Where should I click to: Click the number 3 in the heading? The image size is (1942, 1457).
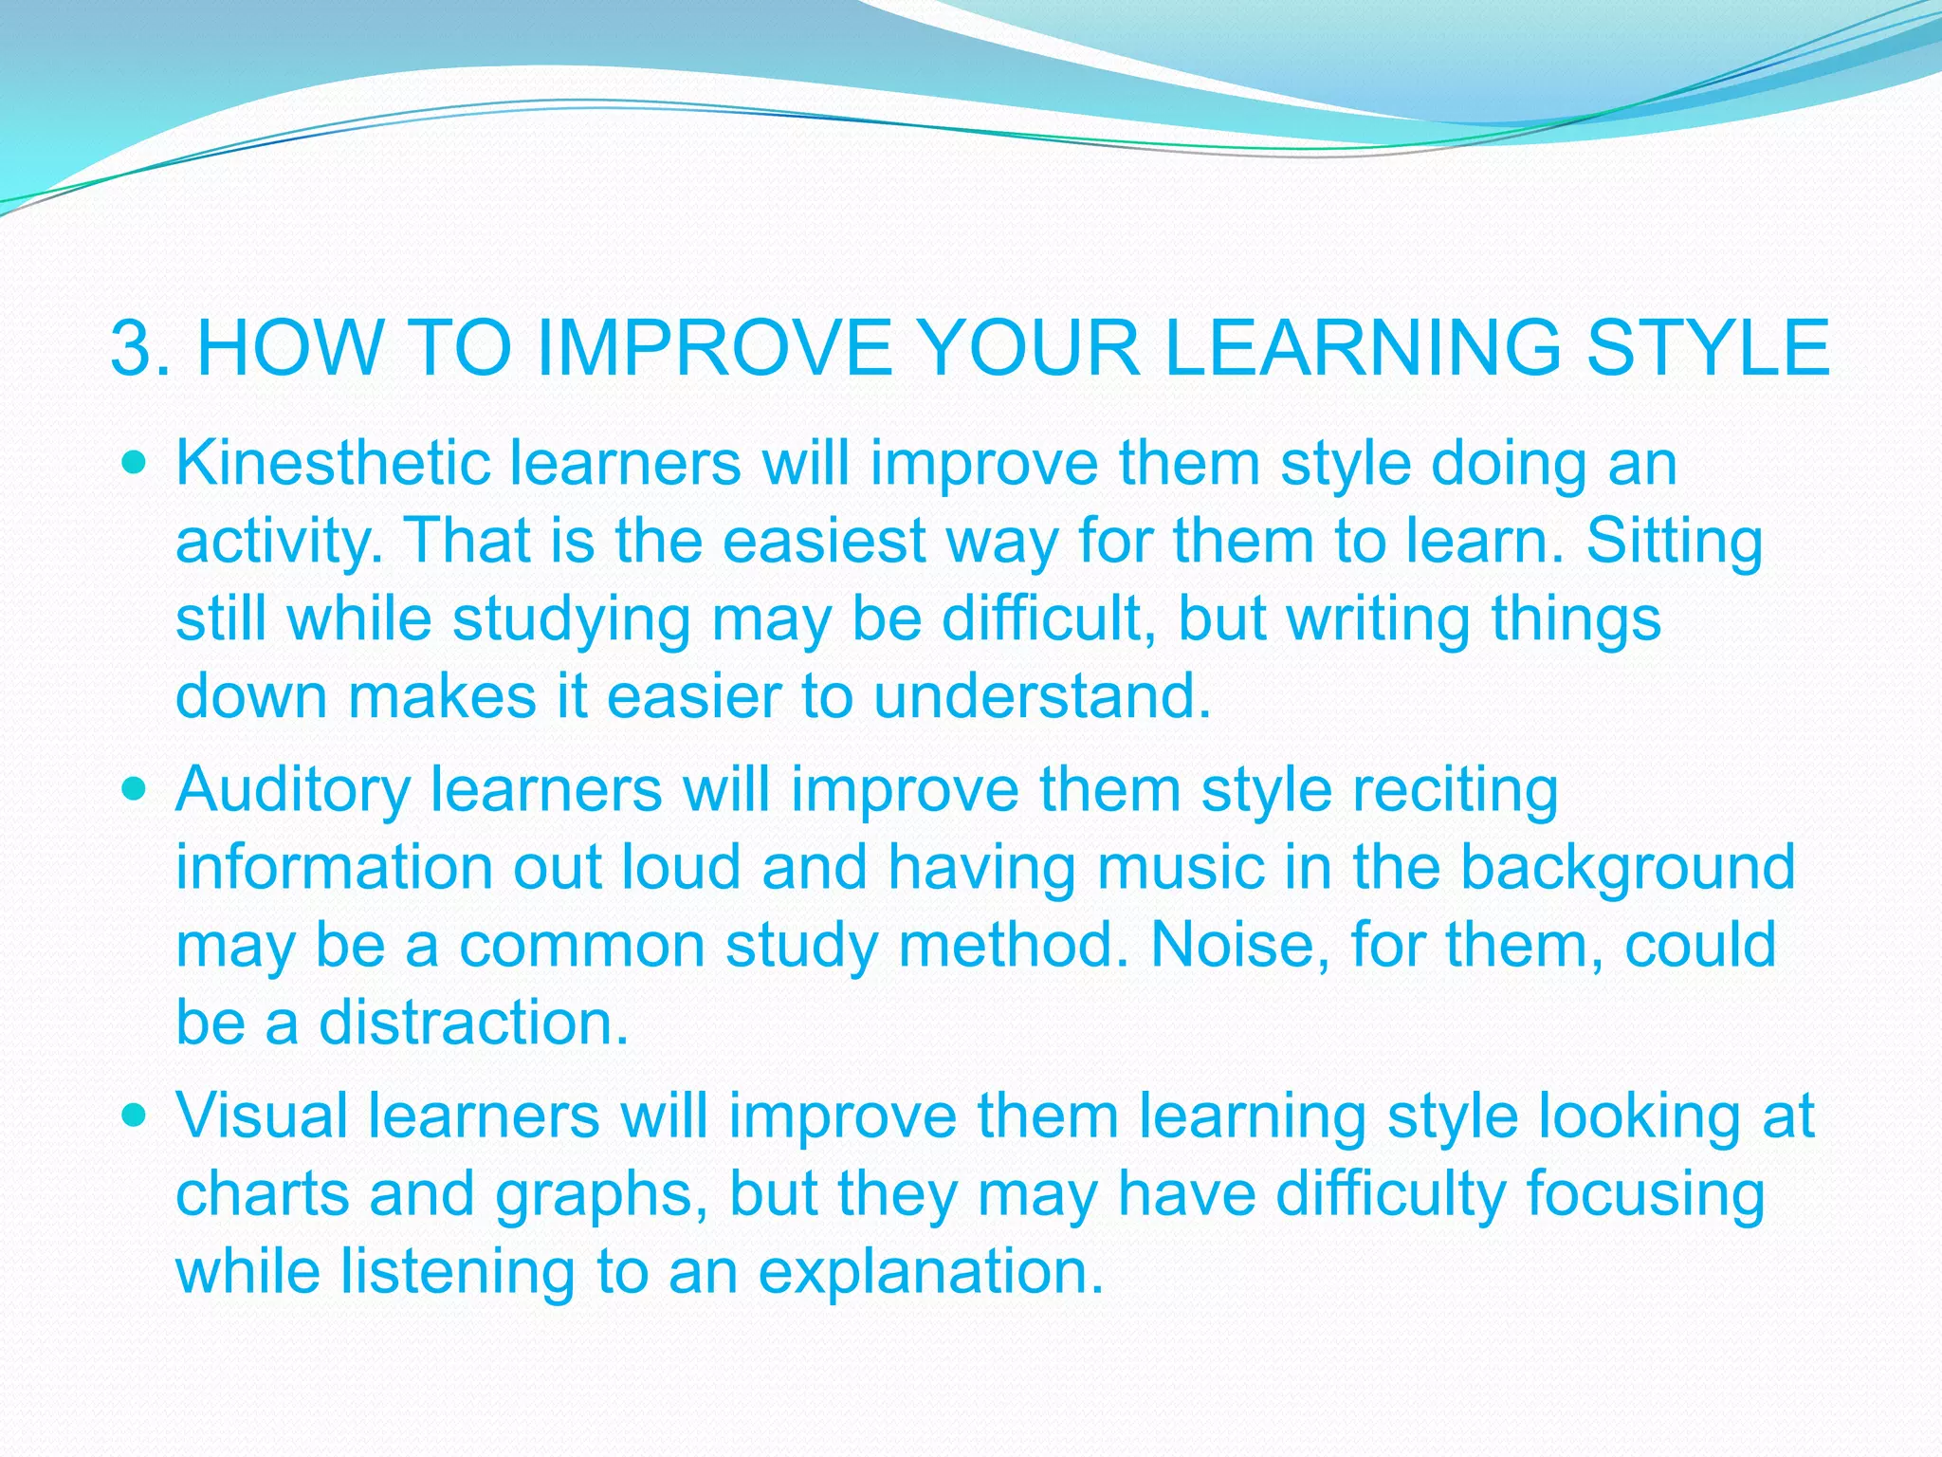[133, 349]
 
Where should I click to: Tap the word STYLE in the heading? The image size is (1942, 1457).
[1708, 349]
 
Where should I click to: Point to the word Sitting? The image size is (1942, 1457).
[1674, 542]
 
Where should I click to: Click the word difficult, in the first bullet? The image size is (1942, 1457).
[1049, 618]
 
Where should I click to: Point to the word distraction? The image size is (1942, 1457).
[473, 1024]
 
